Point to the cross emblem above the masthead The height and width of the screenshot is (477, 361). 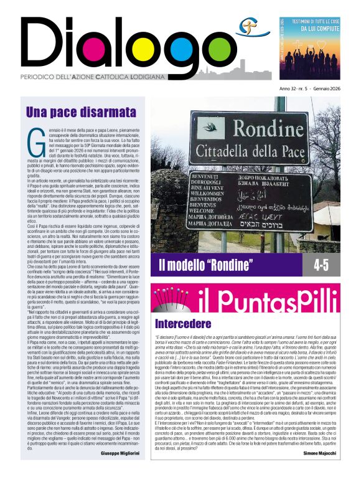[248, 26]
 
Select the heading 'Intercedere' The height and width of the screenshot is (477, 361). [183, 324]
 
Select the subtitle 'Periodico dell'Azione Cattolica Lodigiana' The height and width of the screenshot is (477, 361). [103, 76]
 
